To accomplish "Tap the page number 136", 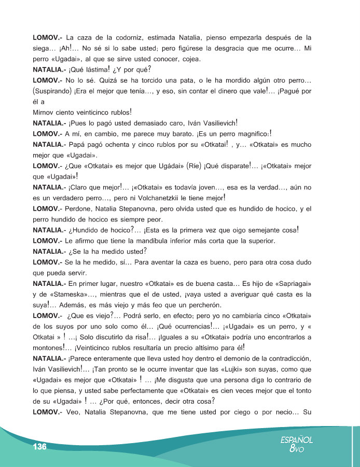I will tap(39, 447).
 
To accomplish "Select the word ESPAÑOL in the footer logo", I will tap(296, 439).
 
